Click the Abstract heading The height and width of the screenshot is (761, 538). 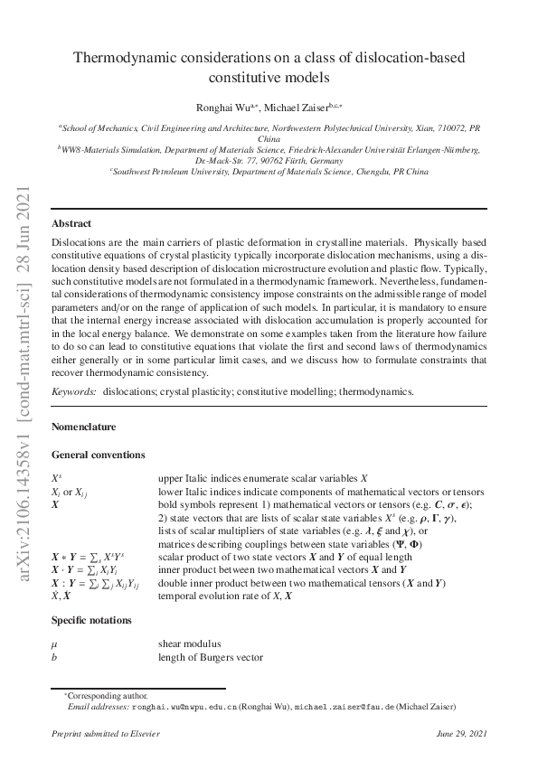[x=71, y=223]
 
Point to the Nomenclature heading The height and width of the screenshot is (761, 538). [x=84, y=425]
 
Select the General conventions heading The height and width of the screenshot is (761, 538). [x=99, y=454]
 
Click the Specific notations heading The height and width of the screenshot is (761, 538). [x=92, y=620]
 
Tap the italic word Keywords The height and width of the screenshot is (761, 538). [x=74, y=391]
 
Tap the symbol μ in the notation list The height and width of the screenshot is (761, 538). [x=55, y=644]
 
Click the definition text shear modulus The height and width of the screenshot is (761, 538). [x=190, y=644]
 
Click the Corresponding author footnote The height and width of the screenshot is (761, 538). [x=108, y=696]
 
